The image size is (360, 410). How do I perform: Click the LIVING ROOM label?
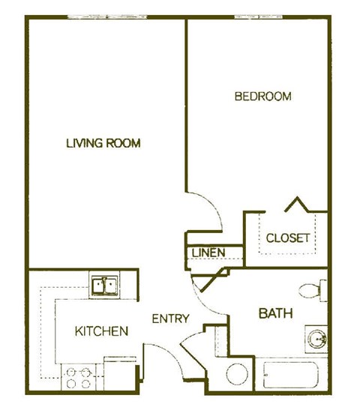click(x=103, y=143)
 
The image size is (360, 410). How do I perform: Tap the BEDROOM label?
click(x=262, y=97)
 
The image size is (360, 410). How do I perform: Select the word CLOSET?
click(x=288, y=238)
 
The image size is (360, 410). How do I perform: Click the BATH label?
click(x=275, y=313)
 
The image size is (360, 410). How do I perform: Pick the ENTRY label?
click(x=170, y=319)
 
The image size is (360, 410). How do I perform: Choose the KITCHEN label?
click(x=101, y=331)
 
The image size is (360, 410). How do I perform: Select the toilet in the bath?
click(x=313, y=289)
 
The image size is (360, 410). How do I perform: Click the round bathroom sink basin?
click(x=316, y=339)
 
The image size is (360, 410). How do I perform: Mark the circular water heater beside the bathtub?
click(x=239, y=376)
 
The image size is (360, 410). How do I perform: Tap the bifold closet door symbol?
click(x=298, y=204)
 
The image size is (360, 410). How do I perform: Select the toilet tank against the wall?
click(x=323, y=289)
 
